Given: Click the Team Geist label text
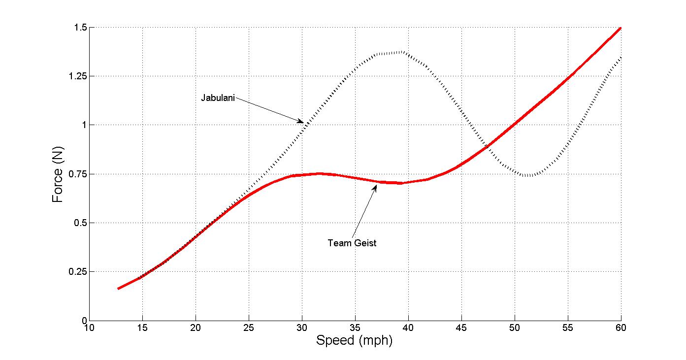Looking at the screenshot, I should point(352,243).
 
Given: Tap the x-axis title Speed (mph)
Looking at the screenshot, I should point(354,340).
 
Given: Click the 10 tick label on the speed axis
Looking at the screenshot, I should point(89,327).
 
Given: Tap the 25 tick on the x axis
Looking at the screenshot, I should point(249,327).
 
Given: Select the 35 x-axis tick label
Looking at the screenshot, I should point(355,327).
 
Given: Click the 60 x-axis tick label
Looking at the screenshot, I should point(621,327).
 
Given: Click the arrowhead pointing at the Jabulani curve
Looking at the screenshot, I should point(301,121).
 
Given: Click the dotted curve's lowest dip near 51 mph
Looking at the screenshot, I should point(527,175).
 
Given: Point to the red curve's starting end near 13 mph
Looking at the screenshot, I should point(118,289).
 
